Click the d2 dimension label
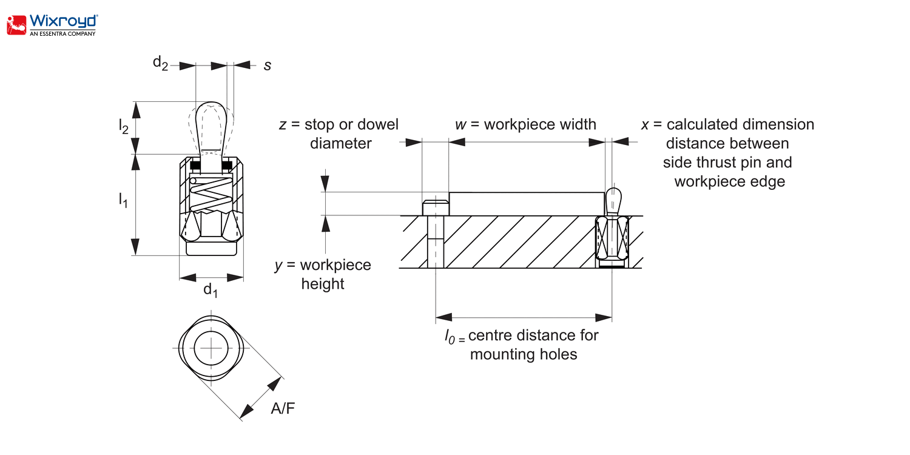[x=160, y=63]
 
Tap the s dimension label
[x=267, y=65]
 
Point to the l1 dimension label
[x=123, y=200]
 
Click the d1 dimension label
[x=210, y=290]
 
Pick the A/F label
[x=283, y=408]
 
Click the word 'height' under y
[x=323, y=283]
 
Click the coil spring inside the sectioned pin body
[x=211, y=196]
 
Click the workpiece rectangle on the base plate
[x=527, y=204]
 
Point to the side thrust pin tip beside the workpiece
[x=613, y=197]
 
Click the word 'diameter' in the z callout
[x=340, y=143]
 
